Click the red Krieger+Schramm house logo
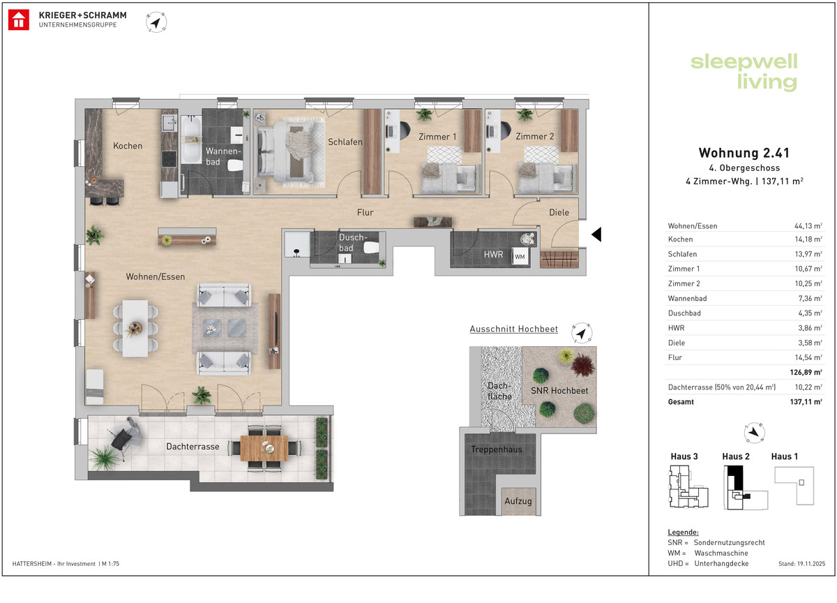click(19, 20)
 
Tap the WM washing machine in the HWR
click(520, 256)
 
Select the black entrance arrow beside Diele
click(596, 234)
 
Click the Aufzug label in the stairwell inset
click(518, 501)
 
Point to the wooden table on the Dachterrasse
click(264, 448)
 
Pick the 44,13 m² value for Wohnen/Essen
click(808, 226)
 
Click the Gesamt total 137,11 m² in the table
click(806, 402)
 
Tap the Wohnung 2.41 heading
click(744, 153)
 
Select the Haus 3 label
click(684, 456)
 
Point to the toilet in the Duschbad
click(371, 247)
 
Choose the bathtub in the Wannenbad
click(191, 139)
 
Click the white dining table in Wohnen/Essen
click(135, 328)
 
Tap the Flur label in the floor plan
click(365, 212)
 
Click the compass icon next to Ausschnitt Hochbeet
click(582, 333)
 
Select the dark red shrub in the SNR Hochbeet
click(582, 364)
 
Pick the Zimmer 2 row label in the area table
click(684, 283)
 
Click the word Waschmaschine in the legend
click(721, 553)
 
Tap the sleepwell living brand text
click(744, 72)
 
